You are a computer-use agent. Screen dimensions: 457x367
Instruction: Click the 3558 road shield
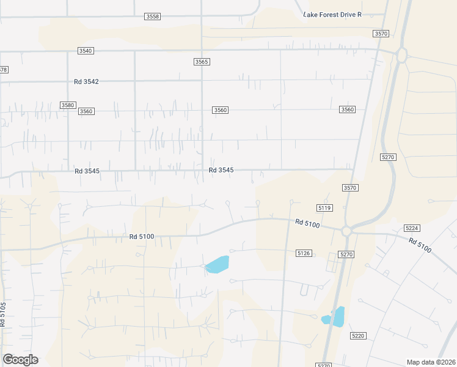point(153,17)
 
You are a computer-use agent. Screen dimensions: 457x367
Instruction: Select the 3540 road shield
point(86,51)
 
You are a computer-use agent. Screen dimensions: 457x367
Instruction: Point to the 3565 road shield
point(202,62)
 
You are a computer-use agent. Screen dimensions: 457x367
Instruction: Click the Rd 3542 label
point(86,81)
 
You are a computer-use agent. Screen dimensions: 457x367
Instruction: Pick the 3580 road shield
point(68,105)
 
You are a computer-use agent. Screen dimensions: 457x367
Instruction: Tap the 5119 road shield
point(324,209)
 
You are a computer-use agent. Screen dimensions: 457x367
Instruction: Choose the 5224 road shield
point(412,228)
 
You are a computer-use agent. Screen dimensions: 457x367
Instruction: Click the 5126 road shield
point(304,253)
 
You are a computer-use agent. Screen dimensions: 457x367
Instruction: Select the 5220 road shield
point(358,336)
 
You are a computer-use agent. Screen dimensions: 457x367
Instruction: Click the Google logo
point(20,360)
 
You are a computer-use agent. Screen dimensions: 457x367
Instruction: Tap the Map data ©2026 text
point(431,362)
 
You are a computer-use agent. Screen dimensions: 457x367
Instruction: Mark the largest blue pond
point(218,264)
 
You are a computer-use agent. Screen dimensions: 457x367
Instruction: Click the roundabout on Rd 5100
point(346,231)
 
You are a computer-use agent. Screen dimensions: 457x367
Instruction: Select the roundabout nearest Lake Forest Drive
point(401,54)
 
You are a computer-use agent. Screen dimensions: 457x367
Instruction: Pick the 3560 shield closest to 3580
point(86,111)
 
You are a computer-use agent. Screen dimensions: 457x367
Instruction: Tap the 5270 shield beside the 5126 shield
point(346,254)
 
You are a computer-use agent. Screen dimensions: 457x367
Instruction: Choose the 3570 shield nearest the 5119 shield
point(350,188)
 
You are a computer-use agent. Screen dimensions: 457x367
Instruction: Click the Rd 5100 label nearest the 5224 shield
point(420,245)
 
